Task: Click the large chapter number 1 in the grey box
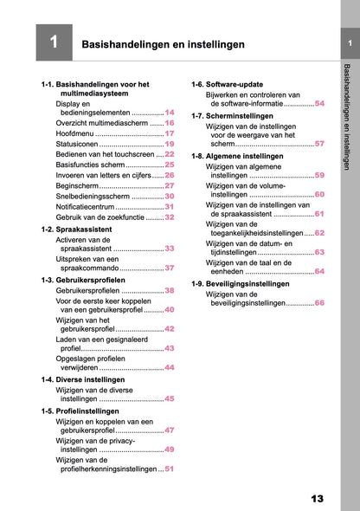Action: tap(53, 42)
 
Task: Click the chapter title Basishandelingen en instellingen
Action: tap(162, 43)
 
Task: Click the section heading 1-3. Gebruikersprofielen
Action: tap(84, 281)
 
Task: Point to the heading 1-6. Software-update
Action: tap(228, 84)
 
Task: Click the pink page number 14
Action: tap(170, 113)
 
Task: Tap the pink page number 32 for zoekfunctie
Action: tap(170, 217)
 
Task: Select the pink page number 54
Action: tap(319, 103)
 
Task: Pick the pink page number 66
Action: tap(319, 303)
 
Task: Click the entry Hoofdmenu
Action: tap(74, 134)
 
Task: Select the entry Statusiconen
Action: tap(78, 145)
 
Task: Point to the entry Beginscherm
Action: tap(77, 186)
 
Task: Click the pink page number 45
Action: tap(170, 398)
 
